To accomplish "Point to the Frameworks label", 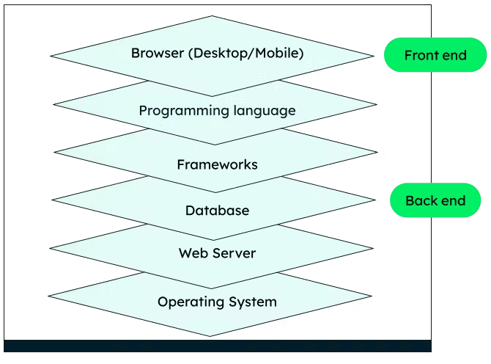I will pos(217,164).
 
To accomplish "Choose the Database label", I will pos(217,211).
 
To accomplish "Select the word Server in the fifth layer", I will pos(232,254).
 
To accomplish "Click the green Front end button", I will pos(435,55).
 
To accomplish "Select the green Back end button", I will pos(435,200).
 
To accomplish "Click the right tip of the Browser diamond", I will pos(374,55).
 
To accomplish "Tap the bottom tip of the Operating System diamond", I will pos(211,335).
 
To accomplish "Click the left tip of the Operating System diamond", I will pos(49,296).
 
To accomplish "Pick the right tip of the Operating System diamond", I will pos(372,296).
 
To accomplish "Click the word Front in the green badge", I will pos(421,55).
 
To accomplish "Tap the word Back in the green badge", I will pos(421,200).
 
